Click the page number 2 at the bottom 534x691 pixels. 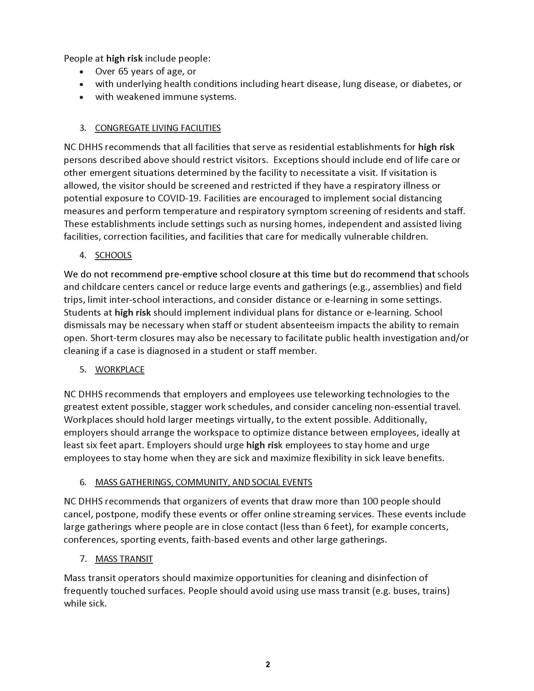[x=268, y=664]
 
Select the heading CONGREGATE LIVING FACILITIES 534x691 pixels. [x=158, y=128]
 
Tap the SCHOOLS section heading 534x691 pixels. [x=113, y=255]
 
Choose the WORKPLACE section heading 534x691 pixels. [x=120, y=370]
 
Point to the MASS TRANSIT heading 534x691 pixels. [x=124, y=559]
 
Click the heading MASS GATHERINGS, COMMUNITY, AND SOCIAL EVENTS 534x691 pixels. [x=204, y=482]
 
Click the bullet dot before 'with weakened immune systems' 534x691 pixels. [x=82, y=97]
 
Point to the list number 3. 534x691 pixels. [x=83, y=128]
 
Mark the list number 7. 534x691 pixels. [x=83, y=559]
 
